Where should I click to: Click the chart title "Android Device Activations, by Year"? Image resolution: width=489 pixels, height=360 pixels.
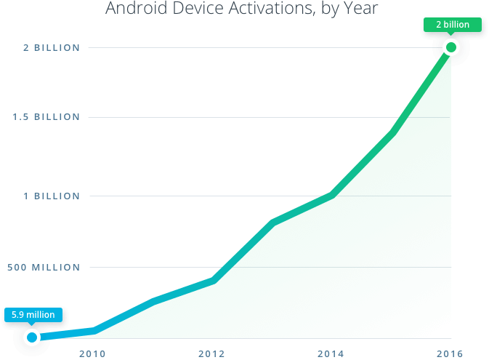242,9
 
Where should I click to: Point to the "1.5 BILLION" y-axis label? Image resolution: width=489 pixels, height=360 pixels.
46,117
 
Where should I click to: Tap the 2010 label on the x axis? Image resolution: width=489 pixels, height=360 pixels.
93,354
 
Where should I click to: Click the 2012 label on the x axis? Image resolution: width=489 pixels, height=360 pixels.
211,354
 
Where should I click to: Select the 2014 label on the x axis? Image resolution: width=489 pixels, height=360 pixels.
331,354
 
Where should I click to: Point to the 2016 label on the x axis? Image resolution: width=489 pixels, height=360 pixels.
450,354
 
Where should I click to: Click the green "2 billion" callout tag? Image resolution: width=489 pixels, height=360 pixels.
453,25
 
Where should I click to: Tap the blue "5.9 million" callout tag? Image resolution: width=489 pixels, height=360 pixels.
33,315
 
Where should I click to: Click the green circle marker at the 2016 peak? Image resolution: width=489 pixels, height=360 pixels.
451,49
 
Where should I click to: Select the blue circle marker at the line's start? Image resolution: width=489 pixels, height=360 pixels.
32,337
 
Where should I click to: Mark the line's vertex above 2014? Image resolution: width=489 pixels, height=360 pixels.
331,193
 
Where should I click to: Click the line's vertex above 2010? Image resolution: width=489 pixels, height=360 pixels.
93,332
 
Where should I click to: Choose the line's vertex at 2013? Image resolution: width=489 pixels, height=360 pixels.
272,221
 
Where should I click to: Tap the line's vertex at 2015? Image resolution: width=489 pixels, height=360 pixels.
392,131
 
